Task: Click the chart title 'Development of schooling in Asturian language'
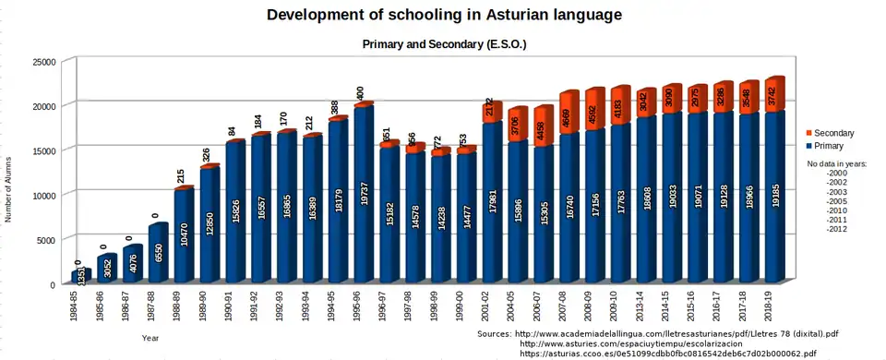[x=444, y=16]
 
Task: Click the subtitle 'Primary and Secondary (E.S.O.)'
[x=444, y=44]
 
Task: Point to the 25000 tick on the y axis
[x=46, y=62]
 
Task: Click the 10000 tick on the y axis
[x=46, y=196]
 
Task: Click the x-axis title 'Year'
[x=150, y=339]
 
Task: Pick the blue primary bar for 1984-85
[x=79, y=276]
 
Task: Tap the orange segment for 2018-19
[x=773, y=95]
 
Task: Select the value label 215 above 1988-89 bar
[x=181, y=174]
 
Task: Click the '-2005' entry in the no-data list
[x=836, y=201]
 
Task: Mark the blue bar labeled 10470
[x=183, y=235]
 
